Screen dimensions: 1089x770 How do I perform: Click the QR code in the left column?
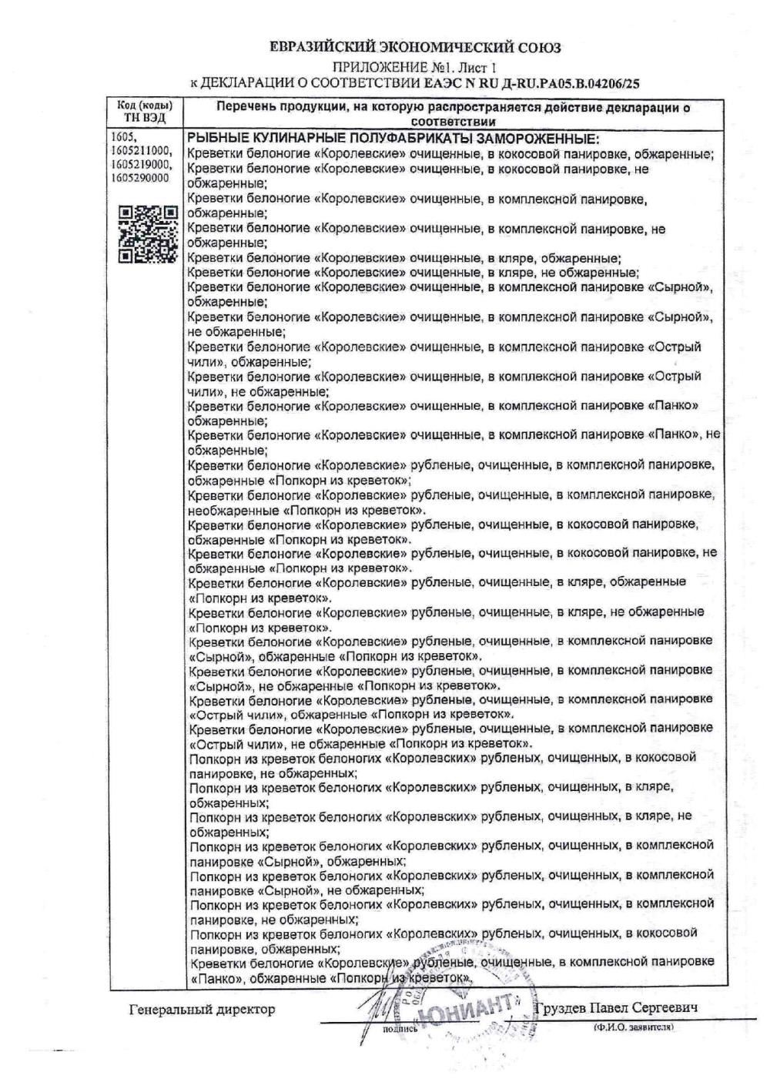(x=149, y=235)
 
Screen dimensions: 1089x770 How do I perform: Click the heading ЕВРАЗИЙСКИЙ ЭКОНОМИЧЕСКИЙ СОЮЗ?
(x=415, y=48)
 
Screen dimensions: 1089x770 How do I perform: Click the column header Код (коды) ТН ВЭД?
(x=145, y=112)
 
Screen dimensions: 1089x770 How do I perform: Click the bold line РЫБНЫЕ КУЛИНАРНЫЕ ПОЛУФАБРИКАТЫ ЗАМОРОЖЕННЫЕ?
(x=393, y=139)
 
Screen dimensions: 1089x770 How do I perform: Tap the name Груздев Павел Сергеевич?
(x=629, y=1008)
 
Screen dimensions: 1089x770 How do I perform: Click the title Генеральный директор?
(x=201, y=1009)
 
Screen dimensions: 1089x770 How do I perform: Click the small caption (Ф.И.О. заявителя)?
(x=633, y=1027)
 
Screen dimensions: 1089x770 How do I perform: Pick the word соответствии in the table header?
(x=453, y=122)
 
